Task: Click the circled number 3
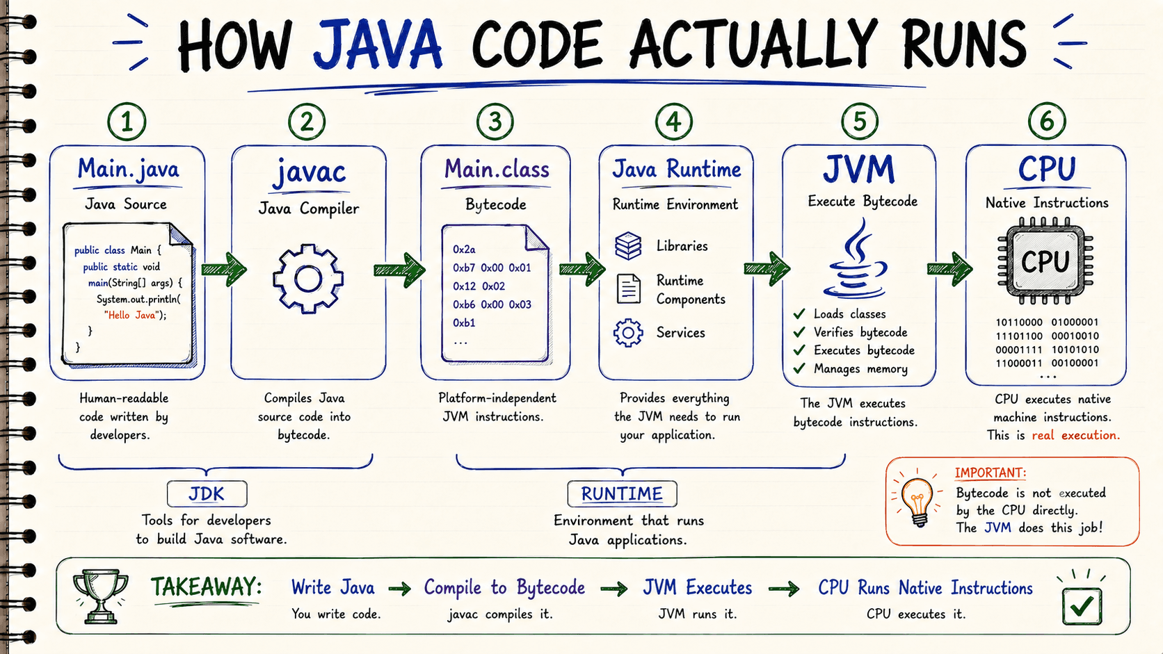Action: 495,122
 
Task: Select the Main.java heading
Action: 128,169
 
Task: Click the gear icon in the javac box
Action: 308,279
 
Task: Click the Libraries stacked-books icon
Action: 628,246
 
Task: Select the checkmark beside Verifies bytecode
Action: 800,332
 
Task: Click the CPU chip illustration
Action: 1045,261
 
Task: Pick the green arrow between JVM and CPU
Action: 949,269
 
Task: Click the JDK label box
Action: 207,493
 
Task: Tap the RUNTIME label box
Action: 622,493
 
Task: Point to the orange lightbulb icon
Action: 917,501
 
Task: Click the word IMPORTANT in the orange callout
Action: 990,473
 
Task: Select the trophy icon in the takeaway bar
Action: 100,596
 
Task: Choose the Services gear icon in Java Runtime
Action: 628,332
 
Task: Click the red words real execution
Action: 1076,435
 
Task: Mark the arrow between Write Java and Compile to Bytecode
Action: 400,589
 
